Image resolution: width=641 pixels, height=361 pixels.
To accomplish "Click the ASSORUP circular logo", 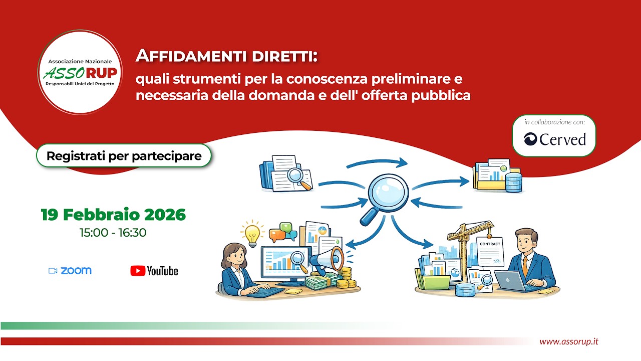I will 80,71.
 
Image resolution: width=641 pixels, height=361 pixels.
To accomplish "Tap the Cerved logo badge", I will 554,139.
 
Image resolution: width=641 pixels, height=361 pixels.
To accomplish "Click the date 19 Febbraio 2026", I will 113,215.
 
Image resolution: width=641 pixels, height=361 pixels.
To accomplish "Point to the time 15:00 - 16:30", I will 113,233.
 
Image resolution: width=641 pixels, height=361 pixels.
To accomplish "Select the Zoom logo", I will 70,271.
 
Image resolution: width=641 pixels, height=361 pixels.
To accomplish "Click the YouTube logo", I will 154,271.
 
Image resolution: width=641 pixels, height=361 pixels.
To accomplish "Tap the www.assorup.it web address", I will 568,341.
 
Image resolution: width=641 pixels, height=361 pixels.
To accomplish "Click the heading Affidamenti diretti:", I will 227,56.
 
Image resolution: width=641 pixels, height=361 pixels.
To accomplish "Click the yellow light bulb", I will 253,233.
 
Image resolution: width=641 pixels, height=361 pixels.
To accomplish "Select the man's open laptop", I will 510,281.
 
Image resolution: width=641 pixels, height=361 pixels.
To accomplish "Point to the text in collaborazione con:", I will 554,122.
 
